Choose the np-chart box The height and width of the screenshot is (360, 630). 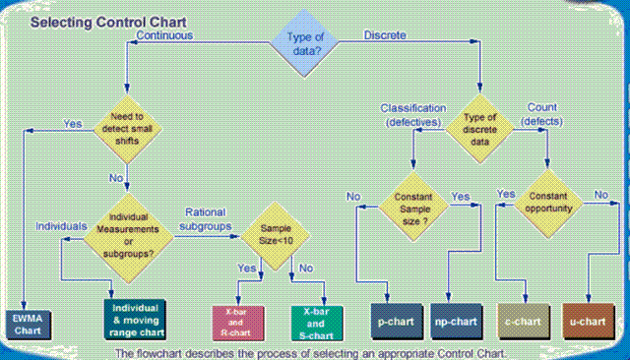pyautogui.click(x=457, y=322)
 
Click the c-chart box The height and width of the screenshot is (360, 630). pyautogui.click(x=523, y=322)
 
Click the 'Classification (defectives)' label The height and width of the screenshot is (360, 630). pyautogui.click(x=413, y=114)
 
